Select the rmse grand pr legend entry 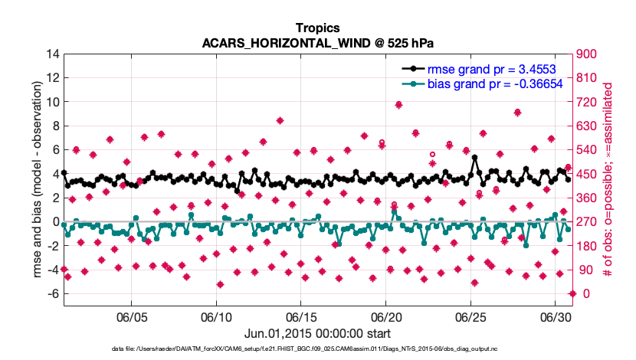point(495,68)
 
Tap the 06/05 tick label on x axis point(131,316)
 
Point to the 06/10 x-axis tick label point(216,316)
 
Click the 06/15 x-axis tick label point(301,316)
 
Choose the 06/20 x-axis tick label point(386,316)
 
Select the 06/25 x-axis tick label point(471,316)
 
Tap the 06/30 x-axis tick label point(556,316)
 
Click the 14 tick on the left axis point(54,54)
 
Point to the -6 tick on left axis point(52,294)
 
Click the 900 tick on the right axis point(588,54)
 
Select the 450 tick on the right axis point(588,174)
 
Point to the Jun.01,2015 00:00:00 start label point(317,333)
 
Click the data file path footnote point(317,349)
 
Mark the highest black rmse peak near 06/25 point(475,158)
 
